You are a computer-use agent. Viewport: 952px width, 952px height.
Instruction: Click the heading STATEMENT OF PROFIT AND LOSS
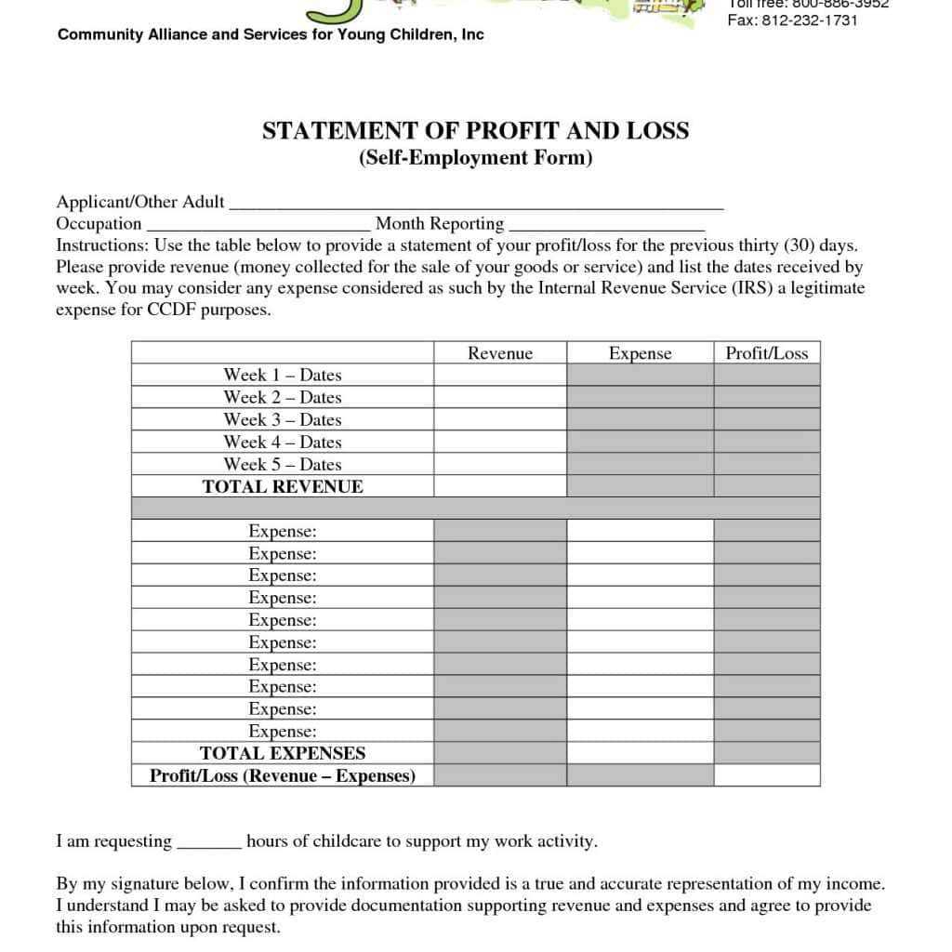click(475, 131)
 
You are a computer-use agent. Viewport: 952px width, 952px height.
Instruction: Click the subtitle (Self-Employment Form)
click(475, 157)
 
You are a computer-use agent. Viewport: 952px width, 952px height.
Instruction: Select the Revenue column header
click(500, 353)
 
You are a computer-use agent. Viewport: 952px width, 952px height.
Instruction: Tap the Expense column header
click(640, 353)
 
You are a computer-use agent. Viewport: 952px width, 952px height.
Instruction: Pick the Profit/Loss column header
click(766, 353)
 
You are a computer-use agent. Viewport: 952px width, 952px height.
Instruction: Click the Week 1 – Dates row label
click(283, 376)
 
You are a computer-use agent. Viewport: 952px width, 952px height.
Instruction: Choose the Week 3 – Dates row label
click(283, 420)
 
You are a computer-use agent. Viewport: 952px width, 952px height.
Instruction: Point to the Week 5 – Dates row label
click(283, 465)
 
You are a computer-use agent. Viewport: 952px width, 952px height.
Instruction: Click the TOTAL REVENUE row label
click(283, 486)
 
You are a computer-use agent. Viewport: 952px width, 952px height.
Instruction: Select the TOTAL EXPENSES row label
click(283, 754)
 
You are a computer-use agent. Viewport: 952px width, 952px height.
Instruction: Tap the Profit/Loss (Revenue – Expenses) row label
click(283, 776)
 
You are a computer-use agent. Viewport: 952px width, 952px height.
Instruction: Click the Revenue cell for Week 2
click(500, 398)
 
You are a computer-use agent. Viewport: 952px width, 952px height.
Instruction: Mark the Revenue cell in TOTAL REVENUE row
click(500, 486)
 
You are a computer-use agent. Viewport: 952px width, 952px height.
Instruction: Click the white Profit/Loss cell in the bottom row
click(766, 775)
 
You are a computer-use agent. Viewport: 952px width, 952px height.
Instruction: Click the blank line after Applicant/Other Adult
click(475, 205)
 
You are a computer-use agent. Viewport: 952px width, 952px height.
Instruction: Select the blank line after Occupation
click(258, 226)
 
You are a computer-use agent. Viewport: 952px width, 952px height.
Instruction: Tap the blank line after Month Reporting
click(607, 226)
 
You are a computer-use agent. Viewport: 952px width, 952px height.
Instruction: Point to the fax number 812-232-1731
click(805, 20)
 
